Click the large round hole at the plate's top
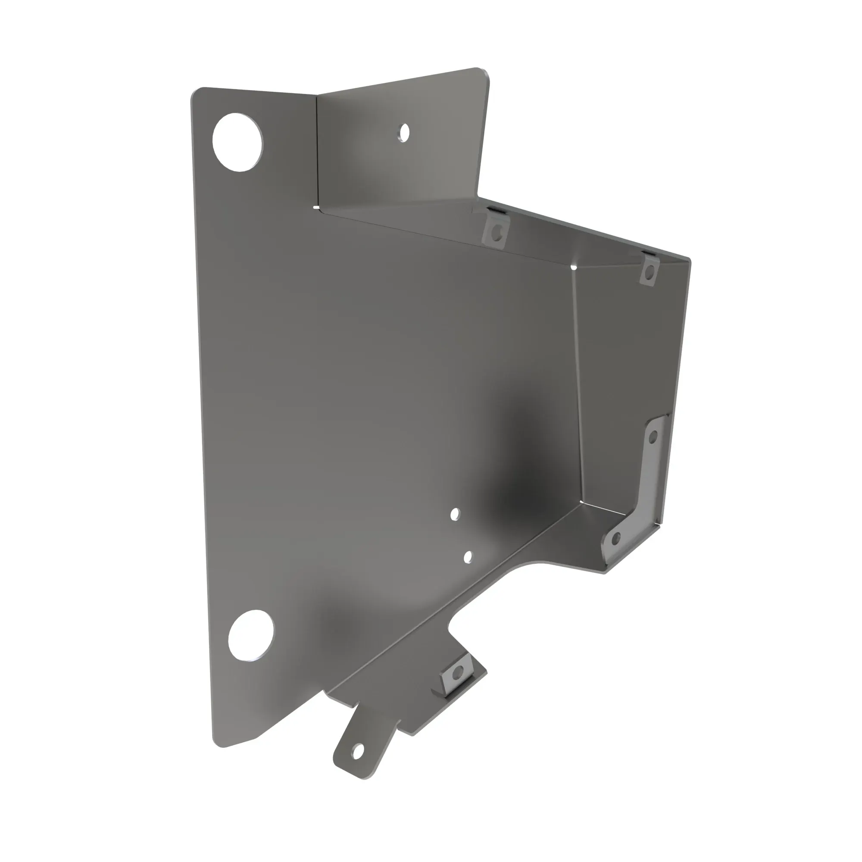pyautogui.click(x=237, y=142)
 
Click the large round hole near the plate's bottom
pyautogui.click(x=251, y=635)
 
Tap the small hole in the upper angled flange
pyautogui.click(x=404, y=132)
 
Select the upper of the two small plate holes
pyautogui.click(x=455, y=515)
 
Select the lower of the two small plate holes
pyautogui.click(x=468, y=557)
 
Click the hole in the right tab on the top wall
pyautogui.click(x=650, y=272)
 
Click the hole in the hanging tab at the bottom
pyautogui.click(x=356, y=753)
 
